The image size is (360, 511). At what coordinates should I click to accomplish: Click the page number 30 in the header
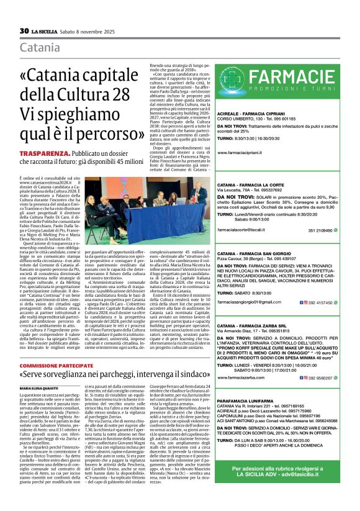[x=24, y=30]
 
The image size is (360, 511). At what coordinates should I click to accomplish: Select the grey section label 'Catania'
[x=40, y=48]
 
